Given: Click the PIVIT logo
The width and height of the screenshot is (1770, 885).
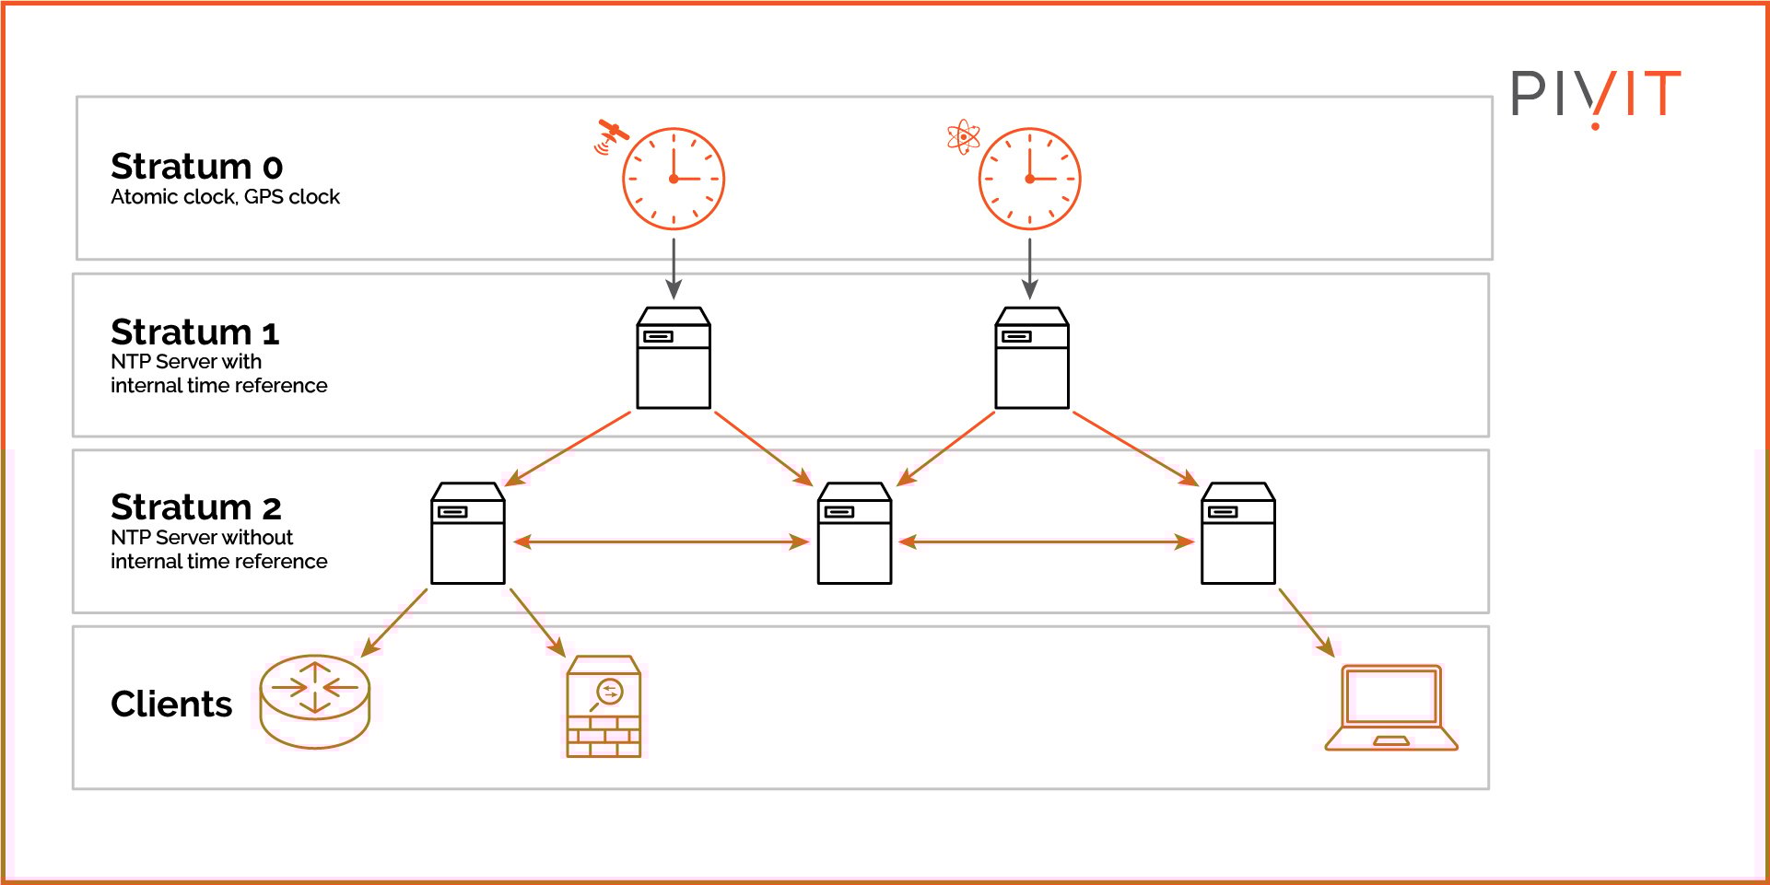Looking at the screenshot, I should point(1596,96).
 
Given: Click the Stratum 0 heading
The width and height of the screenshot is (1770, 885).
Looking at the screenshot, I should point(196,167).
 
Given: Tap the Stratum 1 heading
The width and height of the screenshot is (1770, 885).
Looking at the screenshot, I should point(194,332).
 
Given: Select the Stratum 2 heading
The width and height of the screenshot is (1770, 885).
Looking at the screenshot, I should point(195,507).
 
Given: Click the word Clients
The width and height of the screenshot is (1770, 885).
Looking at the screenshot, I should point(171,705).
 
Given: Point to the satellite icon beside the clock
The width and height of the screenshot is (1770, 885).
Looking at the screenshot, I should point(610,135).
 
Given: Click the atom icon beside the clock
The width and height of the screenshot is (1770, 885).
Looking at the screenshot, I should point(963,137).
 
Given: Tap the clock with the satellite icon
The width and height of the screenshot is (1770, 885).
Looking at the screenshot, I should point(674,179).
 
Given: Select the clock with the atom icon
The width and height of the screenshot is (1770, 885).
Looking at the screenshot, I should point(1029,179).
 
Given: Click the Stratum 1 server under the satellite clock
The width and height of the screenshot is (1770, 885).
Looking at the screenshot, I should point(674,358).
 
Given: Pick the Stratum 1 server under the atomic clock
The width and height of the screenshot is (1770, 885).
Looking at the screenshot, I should point(1032,358).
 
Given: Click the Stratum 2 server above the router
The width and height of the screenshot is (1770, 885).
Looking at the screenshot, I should point(468,533).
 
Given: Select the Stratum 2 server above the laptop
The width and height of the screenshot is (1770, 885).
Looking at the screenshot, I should point(1238,533).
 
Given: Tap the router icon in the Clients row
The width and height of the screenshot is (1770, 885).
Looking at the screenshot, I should point(315,701).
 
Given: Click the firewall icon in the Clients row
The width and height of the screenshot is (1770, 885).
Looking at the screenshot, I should point(604,706).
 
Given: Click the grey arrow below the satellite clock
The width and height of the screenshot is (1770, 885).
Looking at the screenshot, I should point(674,268).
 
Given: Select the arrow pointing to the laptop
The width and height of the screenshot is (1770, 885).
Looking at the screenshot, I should point(1307,623).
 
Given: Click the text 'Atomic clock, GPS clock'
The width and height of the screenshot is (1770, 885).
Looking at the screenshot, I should point(225,197).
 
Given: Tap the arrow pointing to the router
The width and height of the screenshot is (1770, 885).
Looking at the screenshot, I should point(394,623).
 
